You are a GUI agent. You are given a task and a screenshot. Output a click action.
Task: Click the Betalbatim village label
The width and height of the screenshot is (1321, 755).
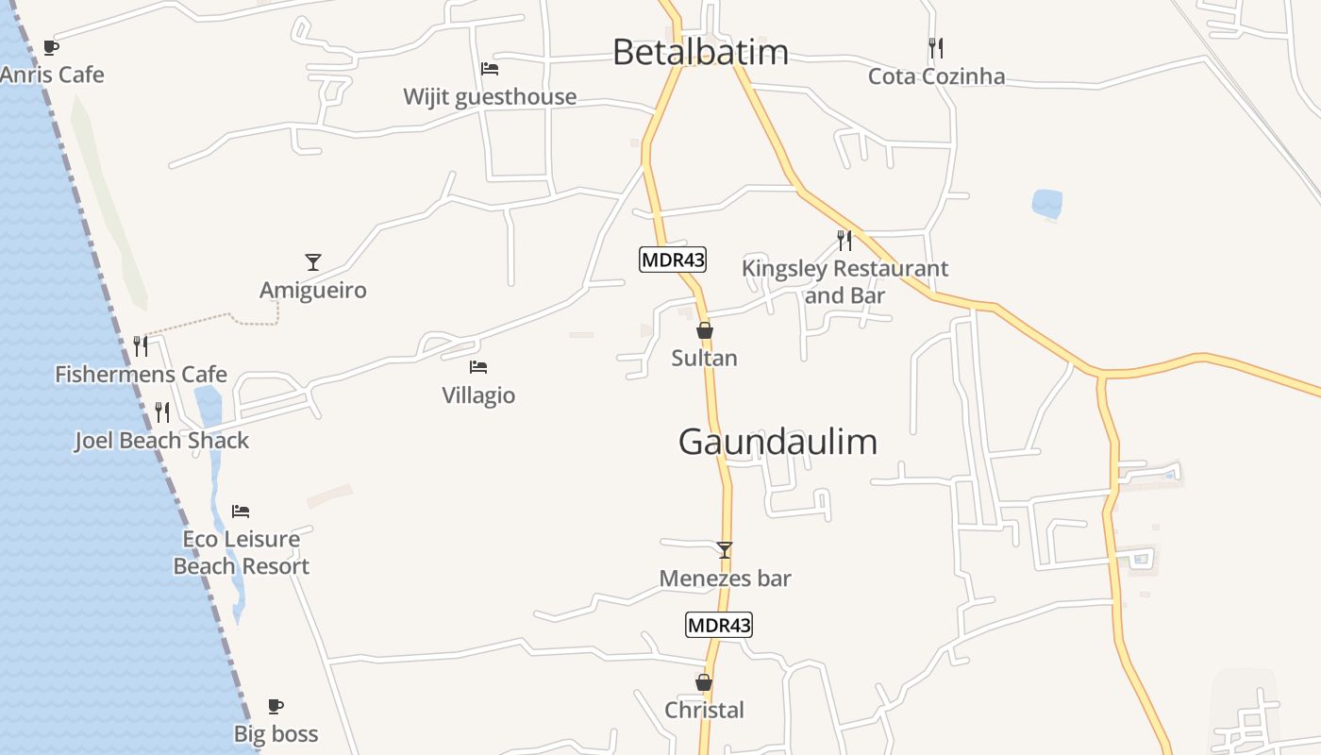(x=700, y=51)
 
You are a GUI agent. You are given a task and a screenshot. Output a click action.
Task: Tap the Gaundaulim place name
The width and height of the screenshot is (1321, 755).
(x=778, y=442)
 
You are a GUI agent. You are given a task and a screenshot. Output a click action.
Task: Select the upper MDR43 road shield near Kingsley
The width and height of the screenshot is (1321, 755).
(x=672, y=260)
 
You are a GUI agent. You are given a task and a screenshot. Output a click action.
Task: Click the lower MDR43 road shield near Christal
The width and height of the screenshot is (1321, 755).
(x=719, y=625)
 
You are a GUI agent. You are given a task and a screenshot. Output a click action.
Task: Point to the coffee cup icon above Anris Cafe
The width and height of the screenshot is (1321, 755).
(x=51, y=47)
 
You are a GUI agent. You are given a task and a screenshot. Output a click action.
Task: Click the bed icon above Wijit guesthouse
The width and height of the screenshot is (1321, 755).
(x=489, y=69)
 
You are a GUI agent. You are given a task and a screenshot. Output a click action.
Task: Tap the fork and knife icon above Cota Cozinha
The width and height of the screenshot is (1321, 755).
(x=935, y=47)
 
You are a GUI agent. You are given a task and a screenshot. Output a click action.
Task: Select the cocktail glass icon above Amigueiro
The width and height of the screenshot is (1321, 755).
(x=313, y=262)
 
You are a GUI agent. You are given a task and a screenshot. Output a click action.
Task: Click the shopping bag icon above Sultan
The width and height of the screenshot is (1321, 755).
(x=704, y=330)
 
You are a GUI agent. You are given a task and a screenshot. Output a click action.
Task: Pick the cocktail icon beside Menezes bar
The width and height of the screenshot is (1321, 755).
(x=725, y=550)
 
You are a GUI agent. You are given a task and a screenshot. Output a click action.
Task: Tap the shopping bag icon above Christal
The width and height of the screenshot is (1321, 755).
(x=703, y=682)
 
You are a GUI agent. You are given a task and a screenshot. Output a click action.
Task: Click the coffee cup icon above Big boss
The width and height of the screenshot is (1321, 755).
(x=275, y=706)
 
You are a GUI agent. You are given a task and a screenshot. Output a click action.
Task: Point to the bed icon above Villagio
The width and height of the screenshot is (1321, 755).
(x=478, y=367)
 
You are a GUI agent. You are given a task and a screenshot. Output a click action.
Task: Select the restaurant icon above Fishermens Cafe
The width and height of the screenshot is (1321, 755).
(x=141, y=346)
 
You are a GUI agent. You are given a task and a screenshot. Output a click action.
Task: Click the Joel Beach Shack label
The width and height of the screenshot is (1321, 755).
(x=161, y=441)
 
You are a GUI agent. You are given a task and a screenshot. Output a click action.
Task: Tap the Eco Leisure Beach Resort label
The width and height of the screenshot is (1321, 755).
(x=242, y=553)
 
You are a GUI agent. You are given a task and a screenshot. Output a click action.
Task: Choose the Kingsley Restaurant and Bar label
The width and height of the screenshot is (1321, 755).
(x=844, y=281)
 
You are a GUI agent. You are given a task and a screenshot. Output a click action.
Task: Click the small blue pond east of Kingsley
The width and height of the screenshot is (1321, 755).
(x=1046, y=203)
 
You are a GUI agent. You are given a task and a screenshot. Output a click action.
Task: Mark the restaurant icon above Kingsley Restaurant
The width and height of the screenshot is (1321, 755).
(x=844, y=241)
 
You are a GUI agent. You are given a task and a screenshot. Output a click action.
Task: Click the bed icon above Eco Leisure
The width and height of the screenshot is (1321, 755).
(x=241, y=512)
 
